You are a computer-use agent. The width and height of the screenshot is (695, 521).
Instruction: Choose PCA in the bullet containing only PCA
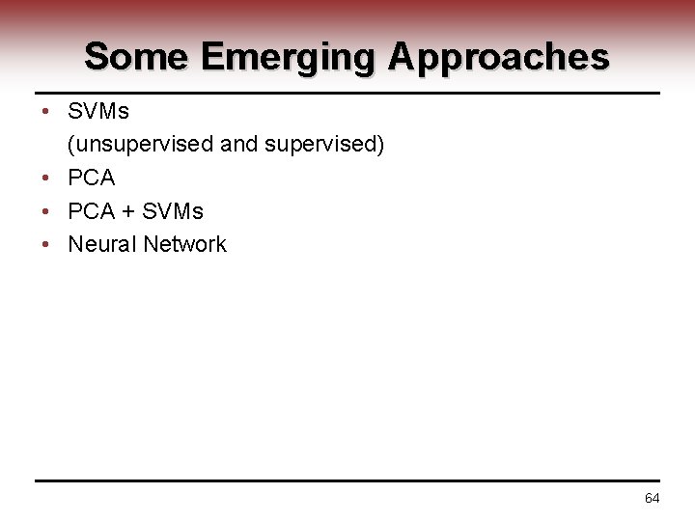pyautogui.click(x=91, y=178)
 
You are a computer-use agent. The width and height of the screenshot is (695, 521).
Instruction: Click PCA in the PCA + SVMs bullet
pyautogui.click(x=91, y=211)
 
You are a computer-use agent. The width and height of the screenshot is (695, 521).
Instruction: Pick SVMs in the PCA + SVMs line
pyautogui.click(x=174, y=211)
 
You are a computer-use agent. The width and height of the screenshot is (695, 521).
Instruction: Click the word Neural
pyautogui.click(x=101, y=244)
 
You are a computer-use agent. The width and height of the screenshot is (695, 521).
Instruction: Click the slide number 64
pyautogui.click(x=652, y=498)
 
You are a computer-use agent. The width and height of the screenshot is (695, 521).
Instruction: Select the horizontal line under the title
pyautogui.click(x=347, y=94)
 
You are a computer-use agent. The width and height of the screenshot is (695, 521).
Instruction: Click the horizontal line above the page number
pyautogui.click(x=347, y=480)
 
